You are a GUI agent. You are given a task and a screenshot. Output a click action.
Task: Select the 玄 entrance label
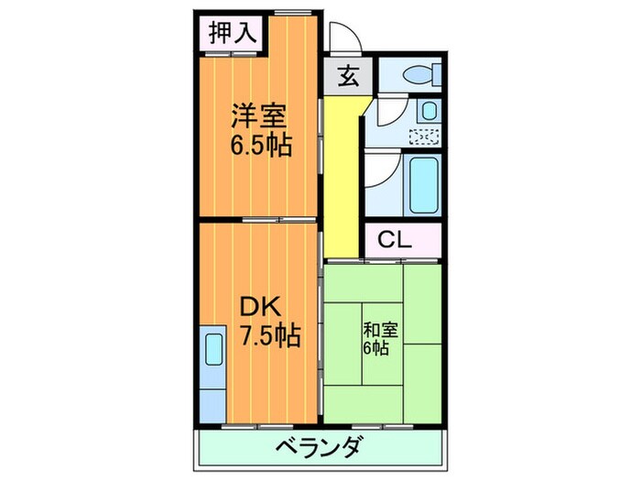tap(349, 78)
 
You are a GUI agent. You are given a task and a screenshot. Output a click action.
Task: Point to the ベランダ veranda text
tap(320, 449)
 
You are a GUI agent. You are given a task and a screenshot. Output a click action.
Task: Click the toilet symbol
tap(416, 74)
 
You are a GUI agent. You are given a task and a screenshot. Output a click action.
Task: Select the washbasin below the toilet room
tap(429, 112)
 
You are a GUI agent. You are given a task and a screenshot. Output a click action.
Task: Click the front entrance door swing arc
tap(342, 38)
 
